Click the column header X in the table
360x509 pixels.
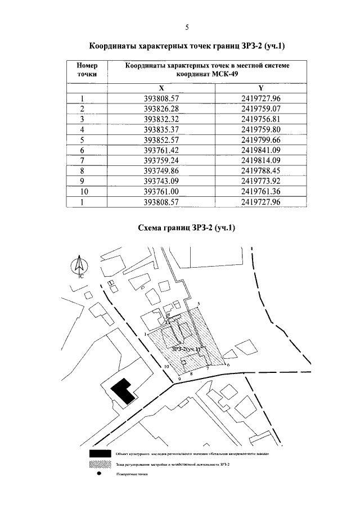pos(161,88)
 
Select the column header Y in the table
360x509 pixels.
pos(260,88)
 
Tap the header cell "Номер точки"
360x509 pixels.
pos(87,70)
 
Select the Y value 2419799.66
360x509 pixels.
pos(260,139)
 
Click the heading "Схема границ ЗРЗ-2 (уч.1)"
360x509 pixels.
pos(186,228)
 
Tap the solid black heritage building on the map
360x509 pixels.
pos(124,390)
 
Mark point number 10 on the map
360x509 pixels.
pos(166,367)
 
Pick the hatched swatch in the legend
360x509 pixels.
pos(99,464)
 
